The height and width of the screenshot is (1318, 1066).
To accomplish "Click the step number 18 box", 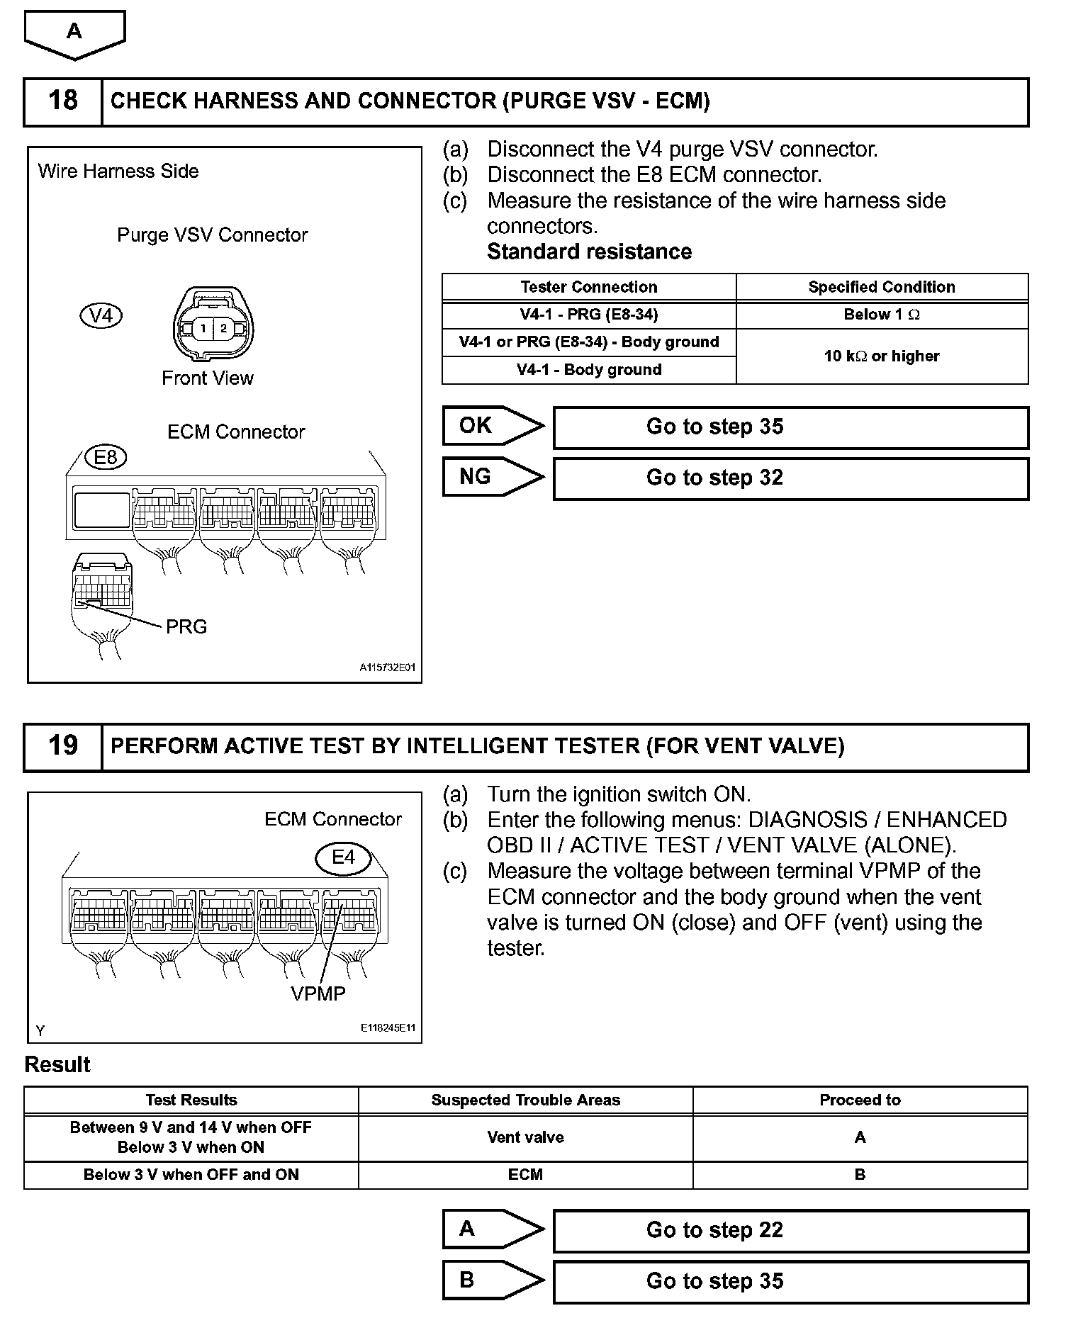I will point(63,101).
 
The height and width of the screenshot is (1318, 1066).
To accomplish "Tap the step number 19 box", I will point(63,746).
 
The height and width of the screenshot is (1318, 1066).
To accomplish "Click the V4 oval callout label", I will point(101,315).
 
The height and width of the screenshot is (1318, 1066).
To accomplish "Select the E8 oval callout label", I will point(106,458).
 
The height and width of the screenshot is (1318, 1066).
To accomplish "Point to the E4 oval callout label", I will point(343,858).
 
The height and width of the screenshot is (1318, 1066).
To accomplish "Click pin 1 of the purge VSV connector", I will point(203,328).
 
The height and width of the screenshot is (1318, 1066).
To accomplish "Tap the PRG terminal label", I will point(186,627).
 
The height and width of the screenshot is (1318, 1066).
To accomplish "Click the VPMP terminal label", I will point(318,993).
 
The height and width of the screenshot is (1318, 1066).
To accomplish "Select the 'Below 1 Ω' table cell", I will point(882,315).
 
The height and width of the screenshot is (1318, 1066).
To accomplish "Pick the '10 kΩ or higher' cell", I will point(882,356).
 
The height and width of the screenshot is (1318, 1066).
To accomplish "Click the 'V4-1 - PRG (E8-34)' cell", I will point(588,315).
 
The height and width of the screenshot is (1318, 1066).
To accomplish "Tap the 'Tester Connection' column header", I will point(588,287).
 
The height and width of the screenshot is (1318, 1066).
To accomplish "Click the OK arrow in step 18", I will point(492,426).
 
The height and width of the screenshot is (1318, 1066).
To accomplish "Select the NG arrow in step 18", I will point(492,477).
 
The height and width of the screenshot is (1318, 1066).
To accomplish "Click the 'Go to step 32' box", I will point(790,478).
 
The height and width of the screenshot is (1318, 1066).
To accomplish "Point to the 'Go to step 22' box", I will point(790,1231).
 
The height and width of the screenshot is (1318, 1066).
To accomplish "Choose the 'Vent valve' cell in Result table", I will point(525,1137).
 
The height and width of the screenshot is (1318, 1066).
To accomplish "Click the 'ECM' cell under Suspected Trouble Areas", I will point(525,1175).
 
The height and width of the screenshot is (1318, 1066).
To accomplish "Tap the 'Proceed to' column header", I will point(860,1100).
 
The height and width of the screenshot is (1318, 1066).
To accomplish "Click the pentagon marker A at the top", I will point(74,33).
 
